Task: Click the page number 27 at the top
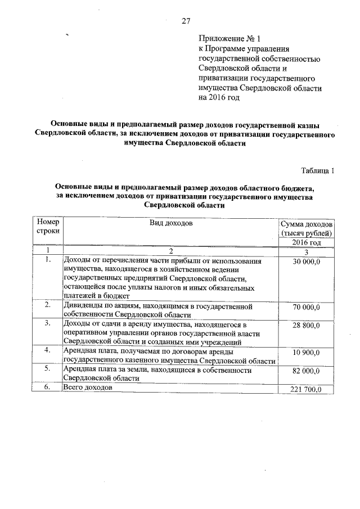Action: (x=186, y=21)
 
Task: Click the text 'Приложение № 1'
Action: (x=230, y=39)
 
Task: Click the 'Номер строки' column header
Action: (x=47, y=227)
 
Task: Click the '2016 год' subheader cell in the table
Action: (x=307, y=242)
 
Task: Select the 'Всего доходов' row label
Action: (x=88, y=388)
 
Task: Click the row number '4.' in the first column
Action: (x=48, y=351)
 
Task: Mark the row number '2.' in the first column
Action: (x=48, y=305)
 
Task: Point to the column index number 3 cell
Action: (x=307, y=251)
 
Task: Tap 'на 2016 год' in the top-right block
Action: (x=219, y=98)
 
